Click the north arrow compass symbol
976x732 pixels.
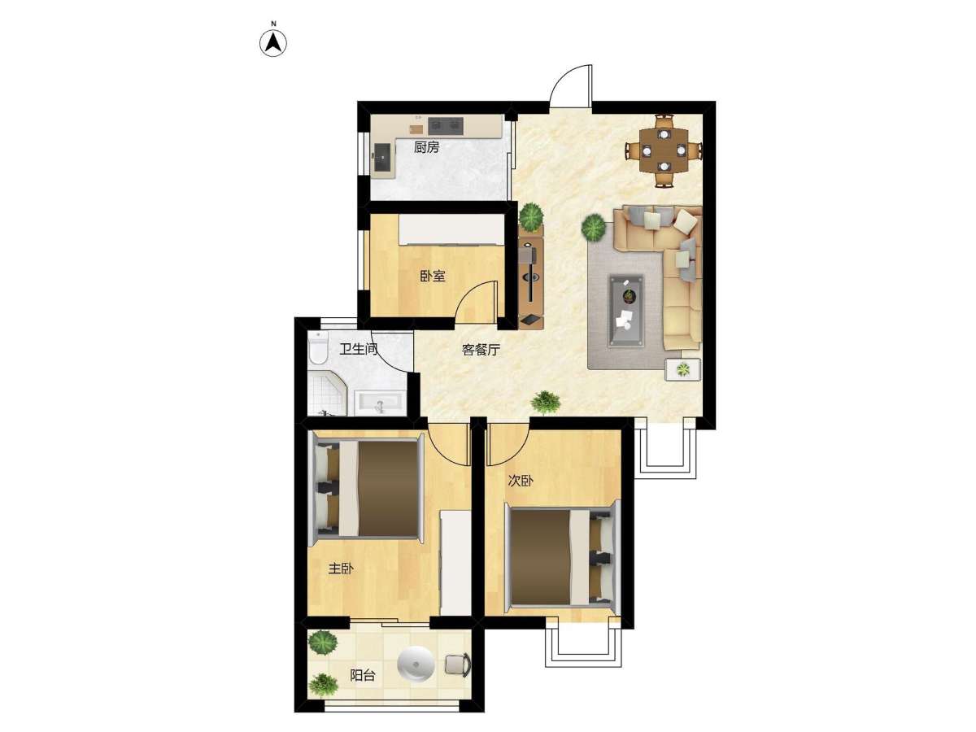pos(273,43)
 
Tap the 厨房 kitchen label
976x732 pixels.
pos(426,147)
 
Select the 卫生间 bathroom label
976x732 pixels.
pos(359,350)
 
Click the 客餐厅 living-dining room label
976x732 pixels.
pos(481,351)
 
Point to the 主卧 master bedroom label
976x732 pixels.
pos(341,569)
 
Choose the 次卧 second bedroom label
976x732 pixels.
pos(521,481)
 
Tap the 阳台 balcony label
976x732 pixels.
pos(363,676)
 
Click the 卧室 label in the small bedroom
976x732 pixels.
pos(433,277)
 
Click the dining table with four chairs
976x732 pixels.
pos(664,150)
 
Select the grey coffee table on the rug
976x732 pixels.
pos(626,311)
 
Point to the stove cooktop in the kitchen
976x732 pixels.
pos(446,126)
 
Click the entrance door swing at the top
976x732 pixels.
pos(571,85)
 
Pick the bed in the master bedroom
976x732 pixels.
pos(365,490)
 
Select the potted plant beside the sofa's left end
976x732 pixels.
pos(593,227)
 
